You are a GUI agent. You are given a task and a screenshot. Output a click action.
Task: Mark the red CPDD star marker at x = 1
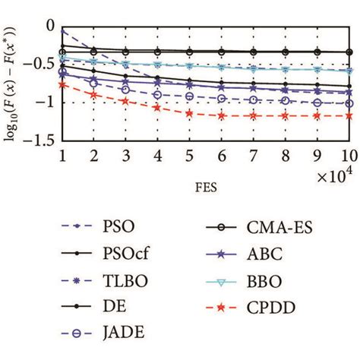[62, 85]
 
